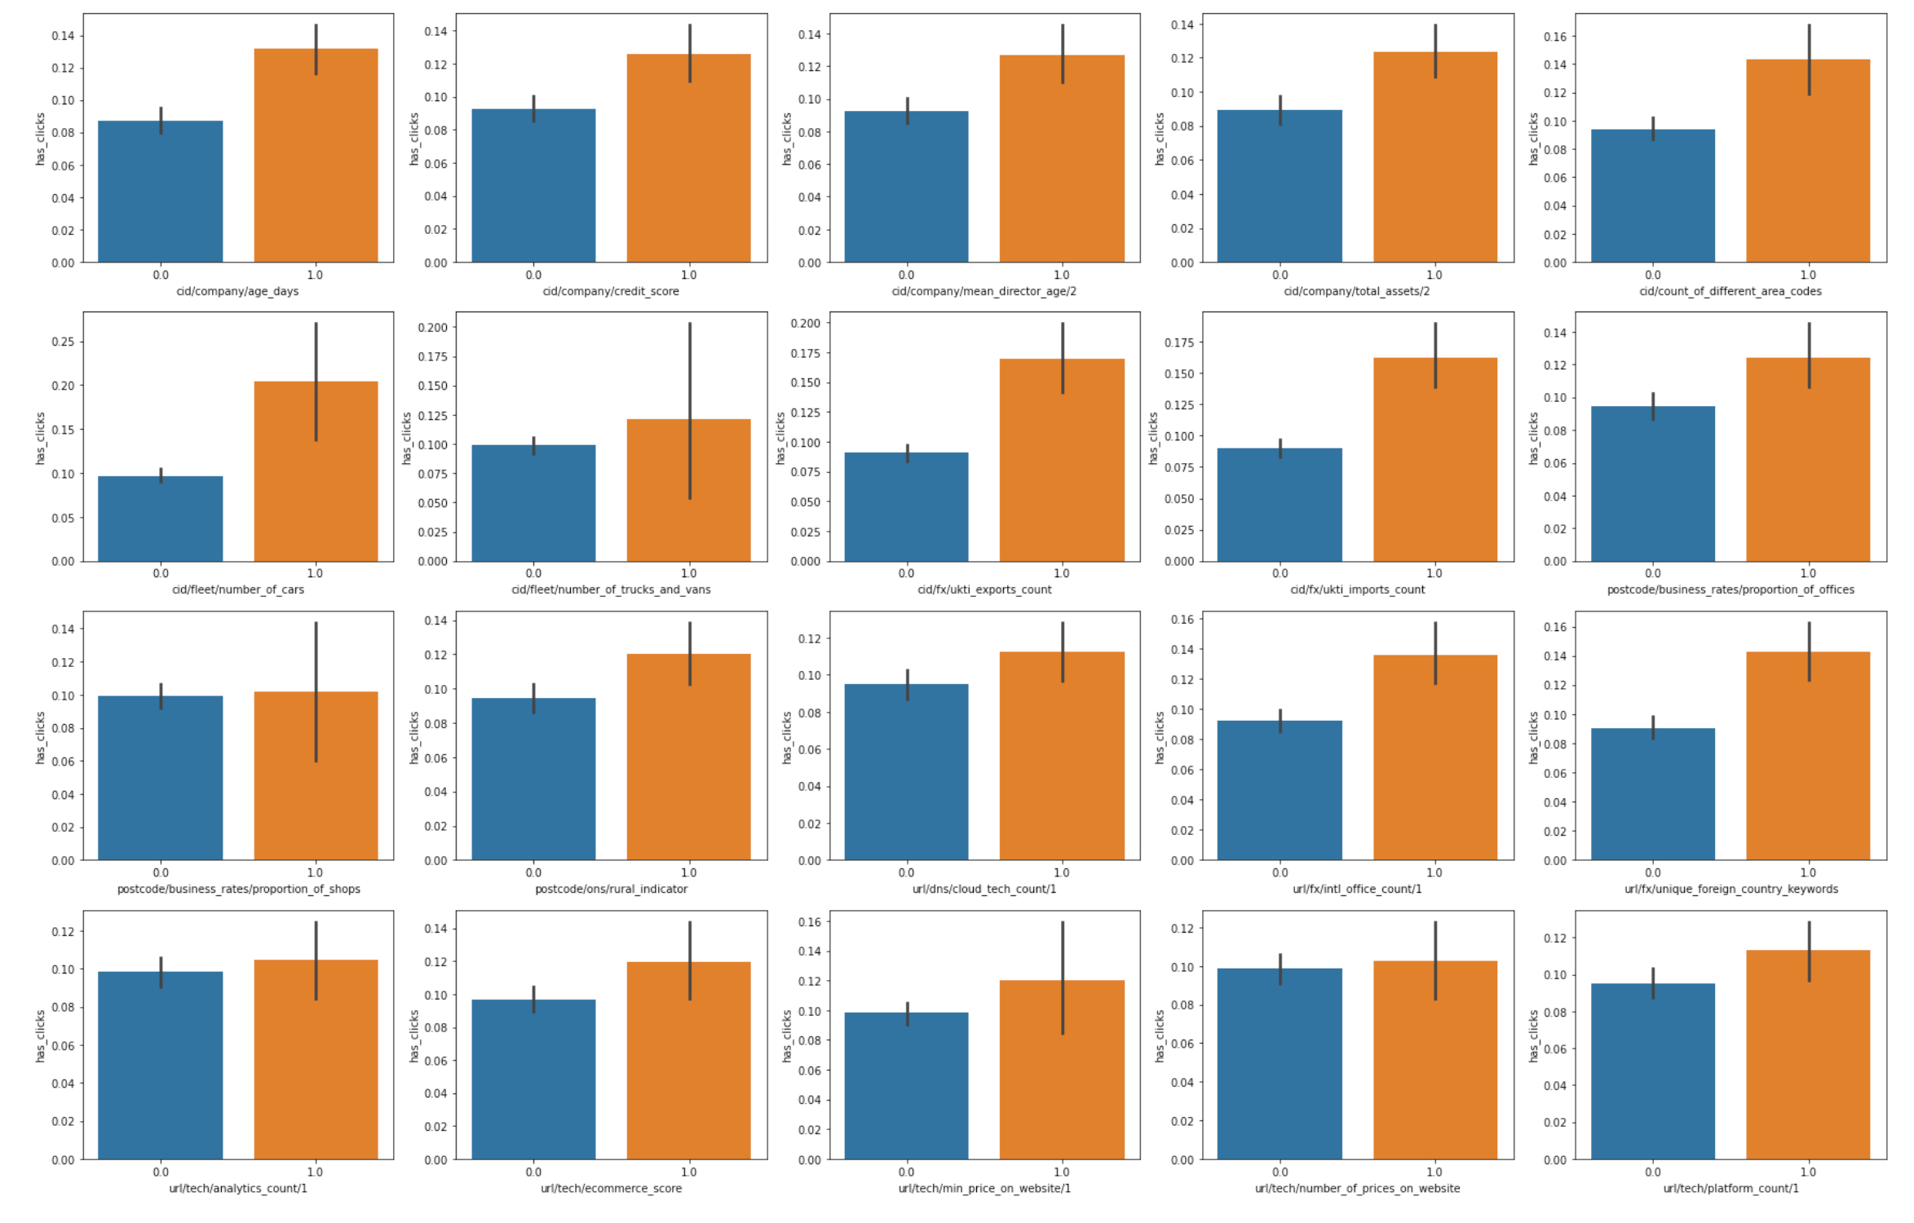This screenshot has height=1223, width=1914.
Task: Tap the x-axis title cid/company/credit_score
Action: click(611, 291)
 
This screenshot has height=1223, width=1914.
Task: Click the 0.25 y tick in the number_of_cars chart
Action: click(63, 342)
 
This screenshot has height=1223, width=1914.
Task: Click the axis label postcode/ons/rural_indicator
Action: click(611, 889)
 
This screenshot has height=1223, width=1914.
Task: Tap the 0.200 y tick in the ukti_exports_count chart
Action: click(805, 323)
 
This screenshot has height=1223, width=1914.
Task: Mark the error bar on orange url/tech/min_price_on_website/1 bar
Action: click(1063, 978)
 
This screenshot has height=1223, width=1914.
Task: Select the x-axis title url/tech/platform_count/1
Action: click(1731, 1188)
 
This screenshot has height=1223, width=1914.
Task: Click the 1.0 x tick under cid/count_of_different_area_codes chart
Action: click(1808, 275)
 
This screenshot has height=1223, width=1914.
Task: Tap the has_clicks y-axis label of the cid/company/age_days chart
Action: click(40, 139)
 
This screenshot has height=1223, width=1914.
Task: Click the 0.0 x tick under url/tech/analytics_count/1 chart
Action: click(161, 1172)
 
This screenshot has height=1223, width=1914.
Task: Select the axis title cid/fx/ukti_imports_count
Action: click(1357, 589)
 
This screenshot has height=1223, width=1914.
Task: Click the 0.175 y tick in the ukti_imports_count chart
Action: click(1178, 342)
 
